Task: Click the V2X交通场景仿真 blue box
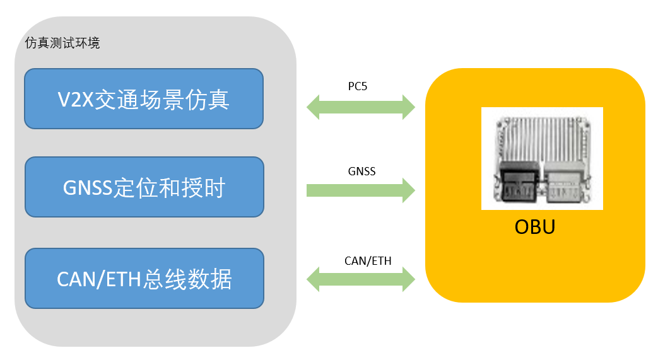(143, 98)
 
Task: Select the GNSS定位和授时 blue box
(143, 187)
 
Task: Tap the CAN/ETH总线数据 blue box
(143, 278)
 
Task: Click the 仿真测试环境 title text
(62, 44)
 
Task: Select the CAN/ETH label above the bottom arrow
(368, 260)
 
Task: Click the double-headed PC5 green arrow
(361, 107)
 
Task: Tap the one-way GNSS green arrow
(361, 190)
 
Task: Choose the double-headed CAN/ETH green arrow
(361, 279)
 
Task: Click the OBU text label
(535, 226)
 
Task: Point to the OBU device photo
(542, 158)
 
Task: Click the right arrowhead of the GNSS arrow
(408, 190)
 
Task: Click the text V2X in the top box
(74, 99)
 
